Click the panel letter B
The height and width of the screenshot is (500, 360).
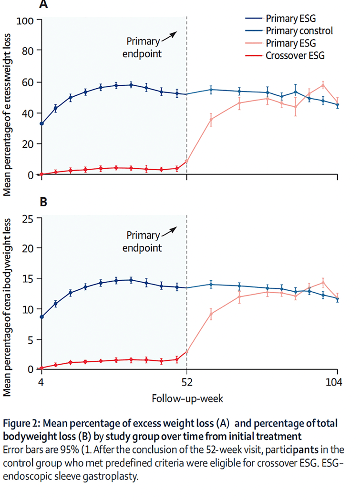[43, 202]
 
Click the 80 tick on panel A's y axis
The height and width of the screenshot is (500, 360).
[28, 51]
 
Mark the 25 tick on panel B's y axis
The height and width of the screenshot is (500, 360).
[28, 219]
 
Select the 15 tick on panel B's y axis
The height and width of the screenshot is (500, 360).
[28, 279]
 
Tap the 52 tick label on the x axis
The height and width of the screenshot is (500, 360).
[186, 382]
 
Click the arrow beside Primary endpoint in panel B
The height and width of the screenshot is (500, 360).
[168, 231]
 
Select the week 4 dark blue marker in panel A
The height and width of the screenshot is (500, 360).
[42, 123]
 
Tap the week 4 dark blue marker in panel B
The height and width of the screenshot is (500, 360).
[42, 317]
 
